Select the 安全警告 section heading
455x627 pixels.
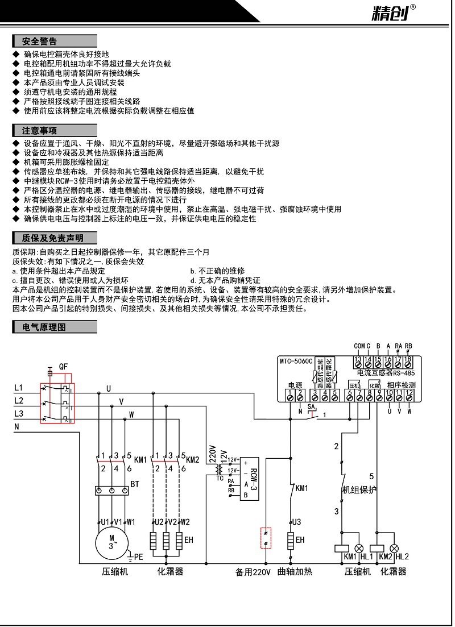(40, 41)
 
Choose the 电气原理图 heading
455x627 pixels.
(44, 327)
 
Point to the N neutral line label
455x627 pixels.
(16, 426)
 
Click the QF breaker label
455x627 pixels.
(63, 368)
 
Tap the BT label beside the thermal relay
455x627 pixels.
(135, 484)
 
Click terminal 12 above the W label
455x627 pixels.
(409, 393)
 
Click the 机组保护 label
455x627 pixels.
(359, 489)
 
